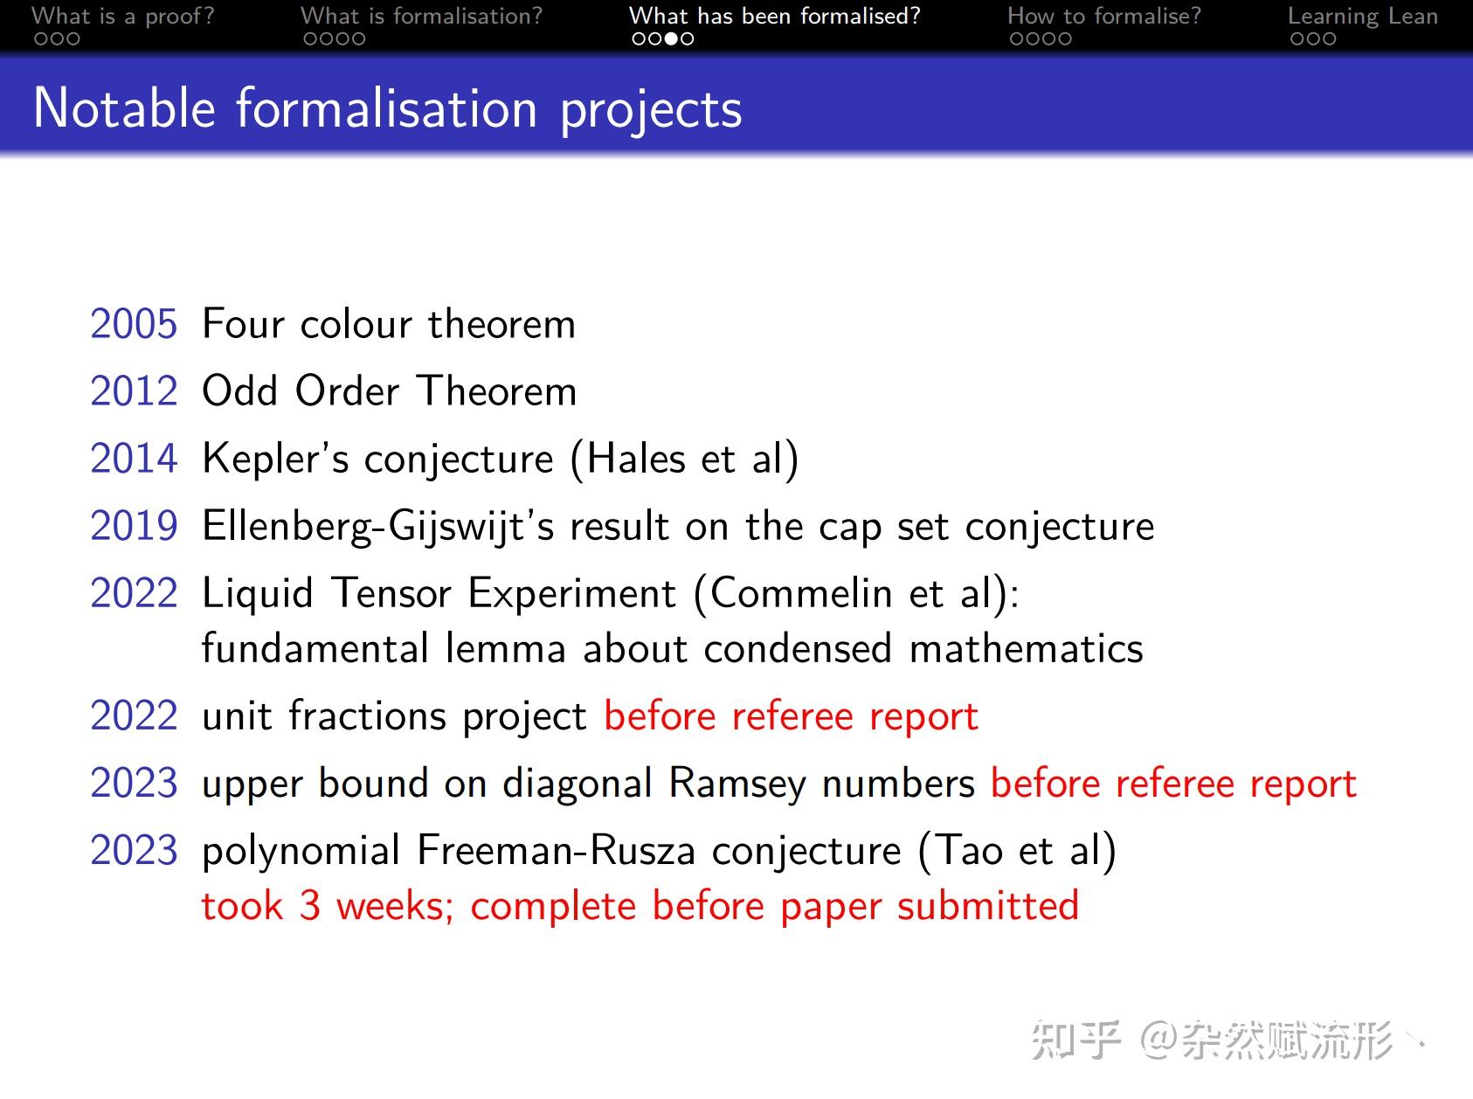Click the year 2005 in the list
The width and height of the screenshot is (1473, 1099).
click(x=134, y=324)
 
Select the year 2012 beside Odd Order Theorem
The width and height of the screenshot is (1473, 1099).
click(x=134, y=391)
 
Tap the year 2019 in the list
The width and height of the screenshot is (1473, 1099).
click(x=134, y=526)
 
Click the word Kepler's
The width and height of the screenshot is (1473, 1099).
click(x=275, y=460)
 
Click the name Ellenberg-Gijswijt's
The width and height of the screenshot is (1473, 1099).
click(x=377, y=527)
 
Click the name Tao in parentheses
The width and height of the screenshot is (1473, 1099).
click(x=969, y=851)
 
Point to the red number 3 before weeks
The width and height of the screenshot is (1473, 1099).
click(x=310, y=906)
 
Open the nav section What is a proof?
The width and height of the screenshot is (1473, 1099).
click(x=122, y=16)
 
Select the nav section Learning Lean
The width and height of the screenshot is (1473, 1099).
click(x=1362, y=16)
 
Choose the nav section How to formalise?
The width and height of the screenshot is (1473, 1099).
click(x=1103, y=16)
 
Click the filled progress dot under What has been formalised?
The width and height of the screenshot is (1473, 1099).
click(x=671, y=38)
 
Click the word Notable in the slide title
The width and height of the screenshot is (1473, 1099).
click(x=124, y=109)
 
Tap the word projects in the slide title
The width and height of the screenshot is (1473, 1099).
click(x=651, y=111)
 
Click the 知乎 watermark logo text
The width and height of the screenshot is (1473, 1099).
click(x=1075, y=1040)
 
